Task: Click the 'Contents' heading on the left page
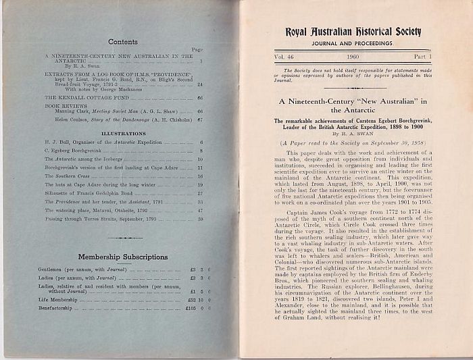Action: (122, 42)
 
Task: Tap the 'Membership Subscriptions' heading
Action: (122, 257)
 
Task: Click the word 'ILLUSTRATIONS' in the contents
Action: (123, 134)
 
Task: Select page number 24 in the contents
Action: (200, 84)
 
